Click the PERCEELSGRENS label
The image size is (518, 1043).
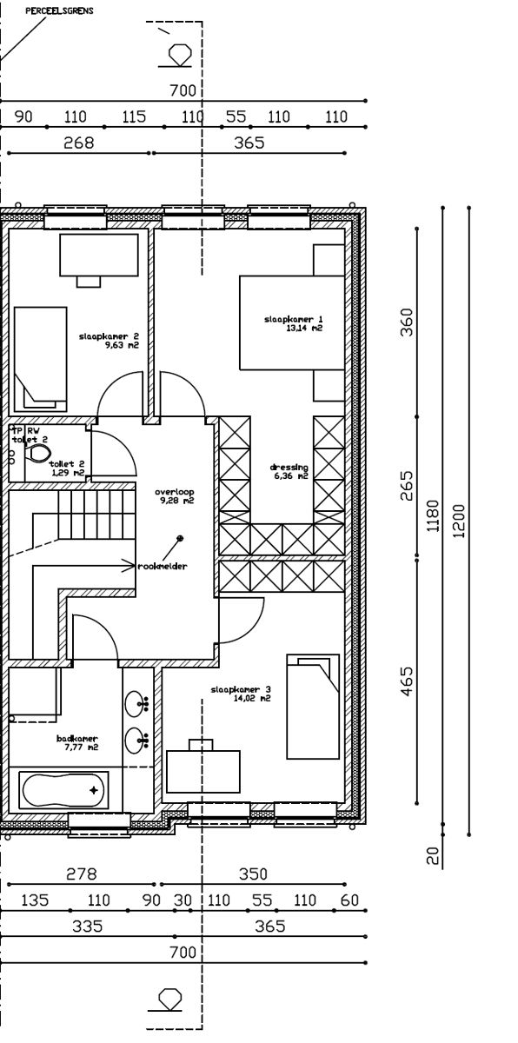coord(60,12)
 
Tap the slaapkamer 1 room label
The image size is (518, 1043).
coord(294,324)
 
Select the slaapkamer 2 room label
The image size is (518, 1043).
coord(110,340)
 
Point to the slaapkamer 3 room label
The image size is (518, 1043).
coord(241,694)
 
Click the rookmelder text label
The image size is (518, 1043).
coord(163,566)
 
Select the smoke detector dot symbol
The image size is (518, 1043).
coord(180,538)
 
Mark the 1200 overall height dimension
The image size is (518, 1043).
coord(459,520)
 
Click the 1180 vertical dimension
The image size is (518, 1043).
coord(434,520)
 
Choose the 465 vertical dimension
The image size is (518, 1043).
coord(408,681)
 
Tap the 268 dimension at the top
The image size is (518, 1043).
coord(79,143)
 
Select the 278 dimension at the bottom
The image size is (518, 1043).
coord(82,874)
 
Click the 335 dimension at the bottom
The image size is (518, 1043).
coord(88,927)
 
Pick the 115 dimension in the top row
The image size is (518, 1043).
coord(134,117)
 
